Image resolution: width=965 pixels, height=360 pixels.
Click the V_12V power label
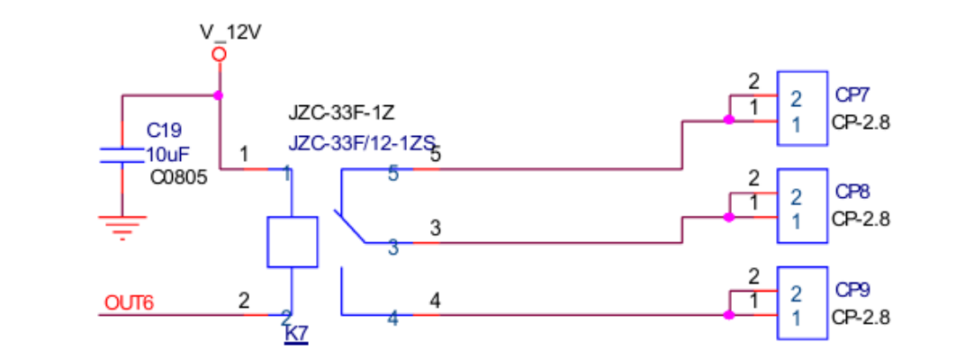coord(230,33)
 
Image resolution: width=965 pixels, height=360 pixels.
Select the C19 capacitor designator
coord(164,130)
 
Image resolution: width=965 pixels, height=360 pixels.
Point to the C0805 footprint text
coord(179,177)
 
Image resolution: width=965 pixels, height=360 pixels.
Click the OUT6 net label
coord(130,302)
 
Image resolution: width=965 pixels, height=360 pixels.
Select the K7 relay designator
coord(296,334)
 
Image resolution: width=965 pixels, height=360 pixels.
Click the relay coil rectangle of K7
coord(293,241)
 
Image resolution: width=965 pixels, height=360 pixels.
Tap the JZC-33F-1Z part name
coord(342,113)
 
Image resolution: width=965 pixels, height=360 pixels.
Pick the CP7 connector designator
coord(852,94)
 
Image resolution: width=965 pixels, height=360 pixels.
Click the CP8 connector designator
coord(852,192)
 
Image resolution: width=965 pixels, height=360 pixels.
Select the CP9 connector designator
coord(852,291)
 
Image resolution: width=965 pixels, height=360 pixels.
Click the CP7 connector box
coord(802,108)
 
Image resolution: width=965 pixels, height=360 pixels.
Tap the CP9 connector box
coord(802,303)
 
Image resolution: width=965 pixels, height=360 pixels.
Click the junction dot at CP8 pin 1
coord(728,217)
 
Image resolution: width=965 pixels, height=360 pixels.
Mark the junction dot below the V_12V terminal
coord(219,94)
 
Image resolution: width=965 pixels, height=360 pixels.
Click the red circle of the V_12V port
coord(219,55)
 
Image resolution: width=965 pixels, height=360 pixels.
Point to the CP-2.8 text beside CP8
coord(861,219)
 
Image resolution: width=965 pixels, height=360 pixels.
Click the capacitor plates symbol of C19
coord(122,154)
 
